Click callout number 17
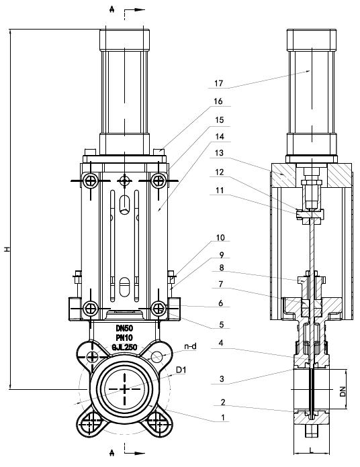click(x=218, y=83)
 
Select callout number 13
click(x=219, y=153)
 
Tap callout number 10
click(x=220, y=238)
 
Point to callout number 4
click(x=221, y=343)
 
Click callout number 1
click(x=223, y=417)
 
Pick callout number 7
click(x=221, y=284)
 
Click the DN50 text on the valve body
click(x=124, y=329)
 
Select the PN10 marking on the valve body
click(x=124, y=338)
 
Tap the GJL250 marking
click(x=124, y=348)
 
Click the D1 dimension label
click(x=181, y=370)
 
